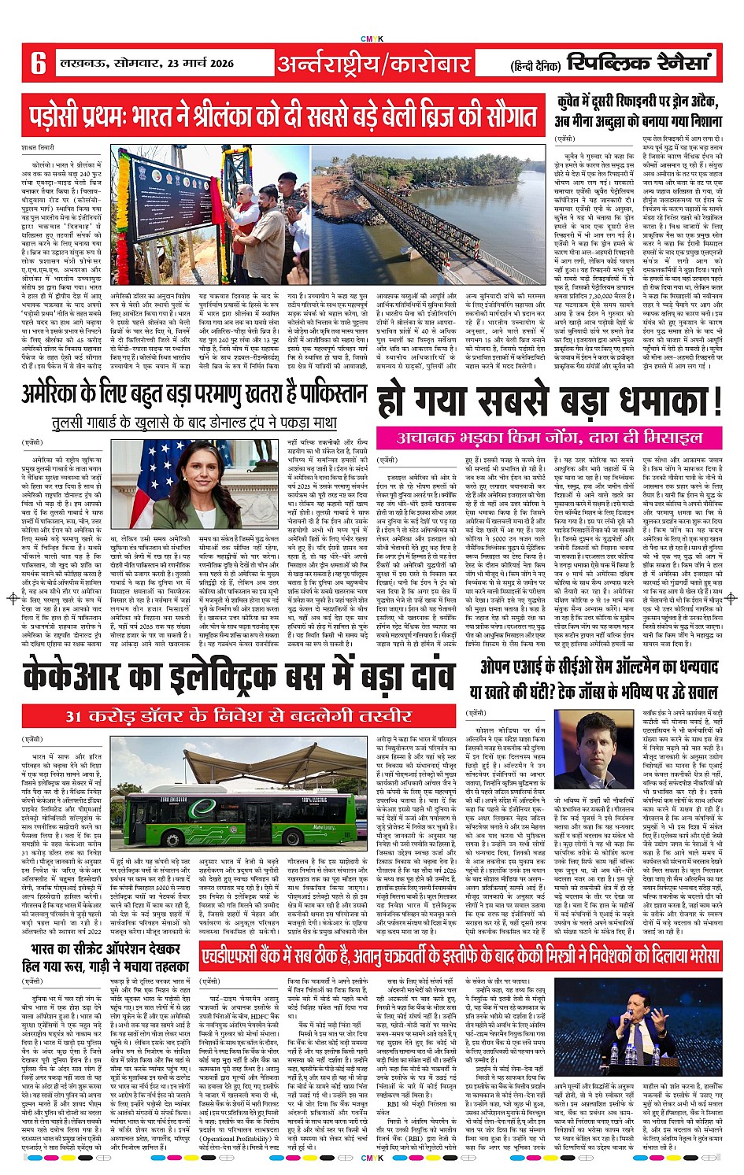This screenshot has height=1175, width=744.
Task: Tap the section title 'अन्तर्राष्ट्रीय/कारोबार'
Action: pyautogui.click(x=374, y=63)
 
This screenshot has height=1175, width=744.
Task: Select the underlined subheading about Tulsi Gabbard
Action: pyautogui.click(x=194, y=423)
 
